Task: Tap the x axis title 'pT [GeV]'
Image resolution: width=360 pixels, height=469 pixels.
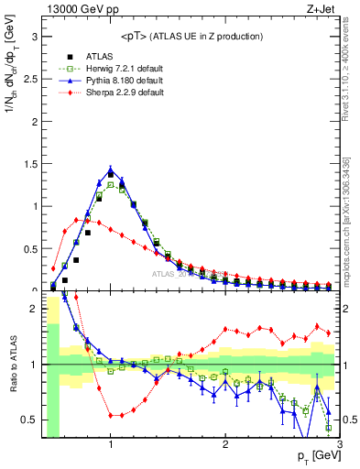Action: point(317,456)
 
